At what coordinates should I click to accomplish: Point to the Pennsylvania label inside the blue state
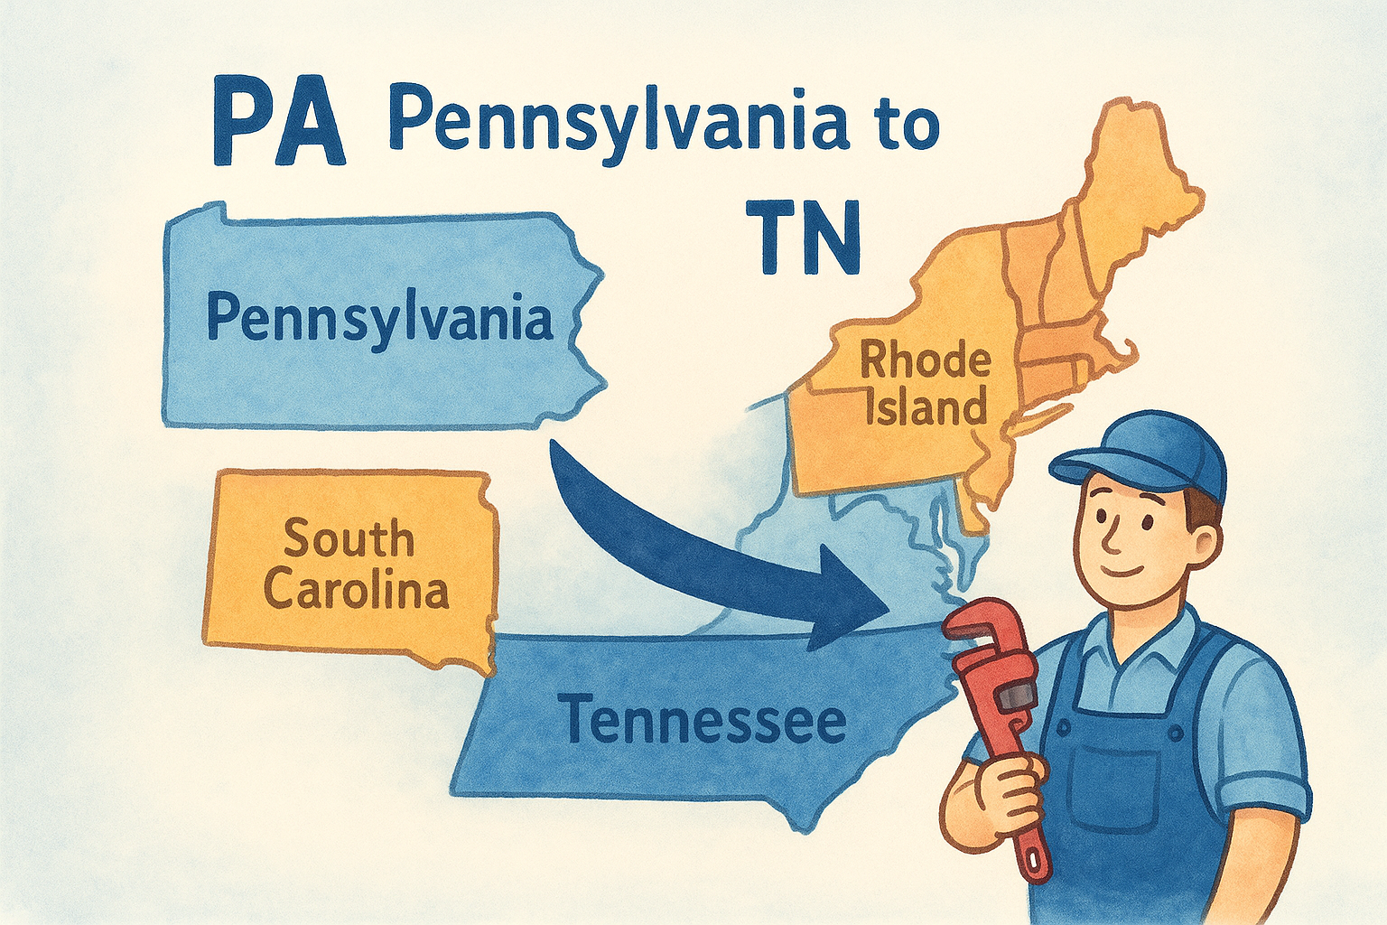pos(379,318)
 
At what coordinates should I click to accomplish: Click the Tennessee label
pos(703,720)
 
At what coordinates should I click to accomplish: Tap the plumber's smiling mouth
pos(1125,572)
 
